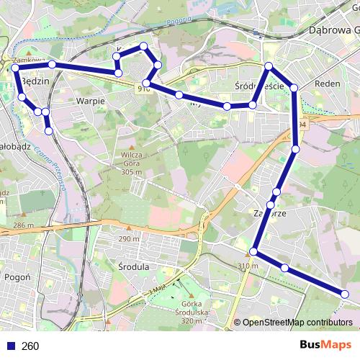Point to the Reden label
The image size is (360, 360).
click(x=328, y=84)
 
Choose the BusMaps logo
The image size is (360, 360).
click(x=326, y=345)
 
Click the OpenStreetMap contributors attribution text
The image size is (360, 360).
click(x=297, y=323)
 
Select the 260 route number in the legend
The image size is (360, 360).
click(x=30, y=346)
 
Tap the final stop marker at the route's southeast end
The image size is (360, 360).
click(x=345, y=294)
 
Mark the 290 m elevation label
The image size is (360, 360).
click(x=129, y=239)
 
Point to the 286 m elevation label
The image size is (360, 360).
click(x=24, y=225)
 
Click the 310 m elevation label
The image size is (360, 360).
click(x=248, y=266)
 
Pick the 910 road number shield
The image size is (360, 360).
click(x=143, y=89)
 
